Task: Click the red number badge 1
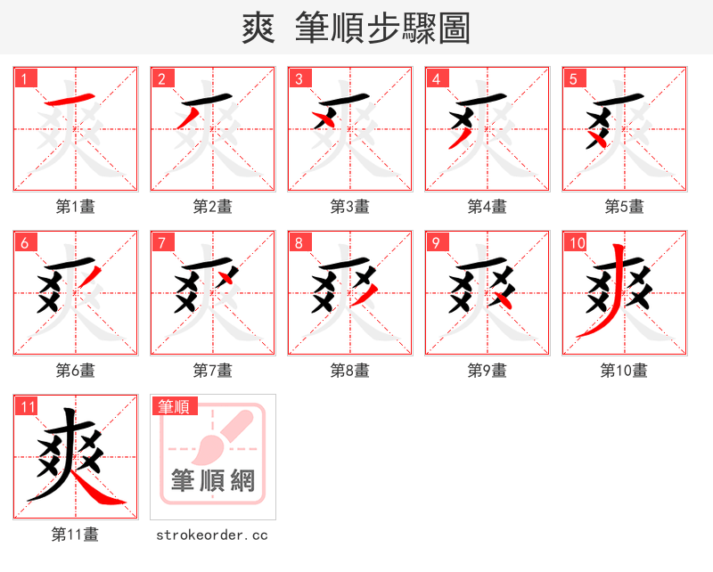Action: [x=23, y=78]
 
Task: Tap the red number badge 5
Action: [x=572, y=78]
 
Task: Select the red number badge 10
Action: [x=576, y=242]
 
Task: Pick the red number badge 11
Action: [x=27, y=406]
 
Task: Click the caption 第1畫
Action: [x=76, y=207]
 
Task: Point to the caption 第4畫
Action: [x=488, y=207]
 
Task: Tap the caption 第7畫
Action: [x=213, y=371]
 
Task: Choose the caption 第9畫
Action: [x=488, y=371]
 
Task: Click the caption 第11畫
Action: [x=76, y=535]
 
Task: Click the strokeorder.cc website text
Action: [x=212, y=535]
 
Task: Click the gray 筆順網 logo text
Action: [x=213, y=482]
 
